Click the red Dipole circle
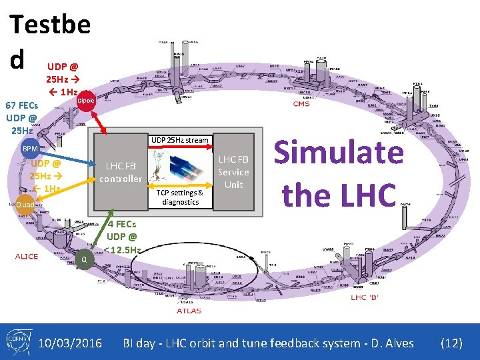[x=86, y=100]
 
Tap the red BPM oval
[x=29, y=148]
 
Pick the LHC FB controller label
[x=121, y=172]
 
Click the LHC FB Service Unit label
[x=233, y=172]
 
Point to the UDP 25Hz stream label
[x=179, y=140]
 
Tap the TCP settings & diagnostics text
[x=180, y=197]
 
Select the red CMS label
[x=301, y=103]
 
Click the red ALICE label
[x=27, y=257]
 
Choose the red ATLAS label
[x=189, y=311]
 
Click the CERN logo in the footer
[x=15, y=343]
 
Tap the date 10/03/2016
[x=70, y=343]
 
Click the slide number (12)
[x=451, y=343]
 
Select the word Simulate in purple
[x=339, y=153]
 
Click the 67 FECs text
[x=22, y=105]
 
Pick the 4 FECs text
[x=122, y=225]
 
